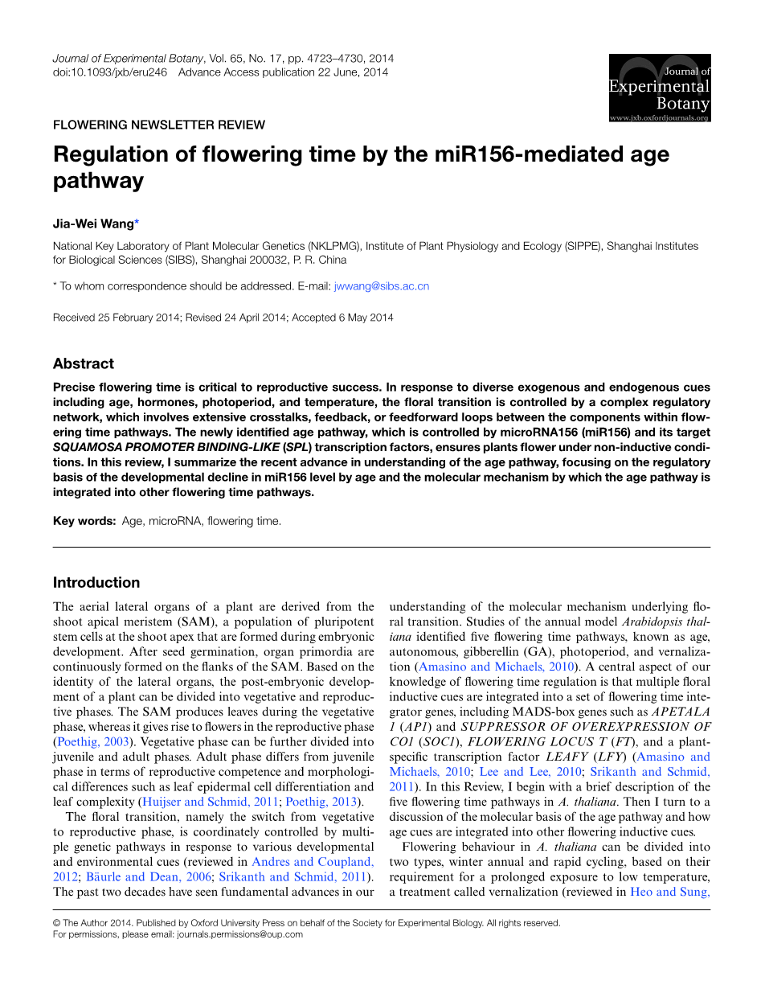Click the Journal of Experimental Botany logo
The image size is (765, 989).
(659, 88)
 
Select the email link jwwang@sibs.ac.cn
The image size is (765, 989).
(382, 285)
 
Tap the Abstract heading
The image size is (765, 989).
(84, 363)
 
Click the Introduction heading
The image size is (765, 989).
(96, 582)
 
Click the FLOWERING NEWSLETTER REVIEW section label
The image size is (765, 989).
(158, 125)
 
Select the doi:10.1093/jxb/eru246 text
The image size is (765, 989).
(109, 72)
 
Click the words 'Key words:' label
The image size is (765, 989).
(84, 521)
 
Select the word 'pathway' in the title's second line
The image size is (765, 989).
(98, 180)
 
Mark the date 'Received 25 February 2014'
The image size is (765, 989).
(116, 318)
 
